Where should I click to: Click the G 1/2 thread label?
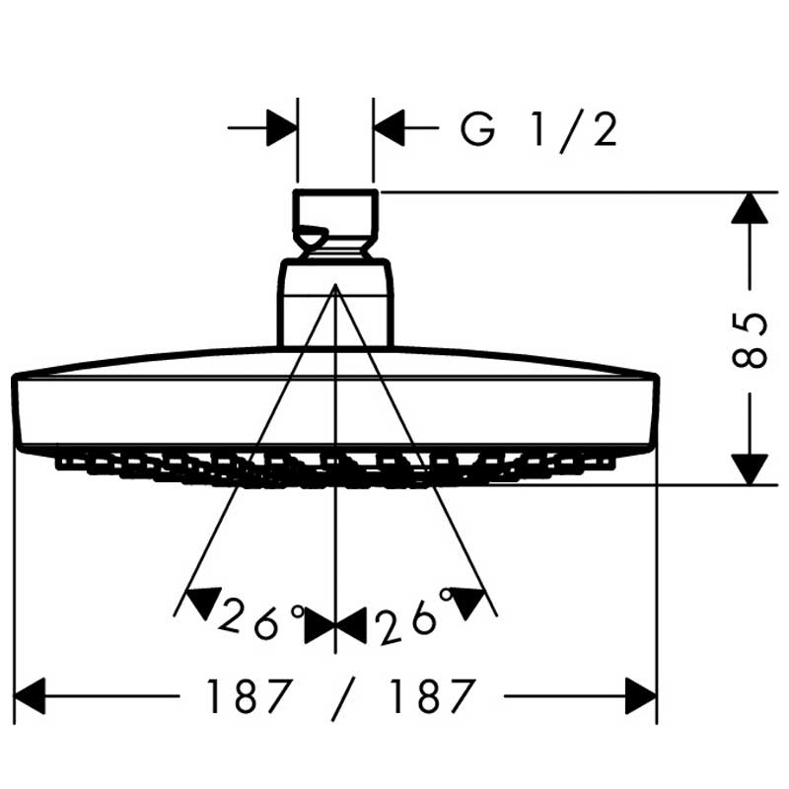538,130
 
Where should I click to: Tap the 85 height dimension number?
750,340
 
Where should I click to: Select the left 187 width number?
250,696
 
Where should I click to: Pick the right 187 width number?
433,696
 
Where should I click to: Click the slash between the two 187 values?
343,699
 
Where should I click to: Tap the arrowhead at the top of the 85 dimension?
750,208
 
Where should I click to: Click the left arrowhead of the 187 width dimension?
31,696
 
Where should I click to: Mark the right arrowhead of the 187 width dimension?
641,696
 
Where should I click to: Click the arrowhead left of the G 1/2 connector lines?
282,128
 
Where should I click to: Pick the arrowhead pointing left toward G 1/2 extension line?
389,128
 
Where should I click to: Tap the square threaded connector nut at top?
335,225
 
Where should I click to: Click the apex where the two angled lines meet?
335,285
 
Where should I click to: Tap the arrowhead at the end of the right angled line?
467,602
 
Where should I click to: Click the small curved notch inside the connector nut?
311,235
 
